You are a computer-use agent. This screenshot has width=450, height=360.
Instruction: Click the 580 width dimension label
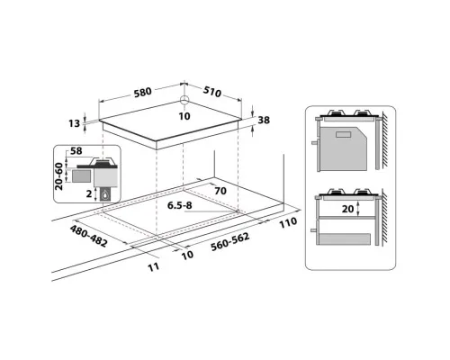[142, 92]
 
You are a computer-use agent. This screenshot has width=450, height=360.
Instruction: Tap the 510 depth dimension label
[212, 92]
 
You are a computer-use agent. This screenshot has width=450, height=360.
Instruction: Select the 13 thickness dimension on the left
[74, 123]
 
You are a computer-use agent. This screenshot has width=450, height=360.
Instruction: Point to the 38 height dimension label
[264, 120]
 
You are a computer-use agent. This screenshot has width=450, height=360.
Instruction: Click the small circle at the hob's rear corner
[184, 100]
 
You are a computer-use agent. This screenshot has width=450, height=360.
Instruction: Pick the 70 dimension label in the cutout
[220, 191]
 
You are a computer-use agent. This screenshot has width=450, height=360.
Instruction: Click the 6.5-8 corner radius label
[179, 205]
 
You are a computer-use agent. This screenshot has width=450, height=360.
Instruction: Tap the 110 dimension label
[288, 222]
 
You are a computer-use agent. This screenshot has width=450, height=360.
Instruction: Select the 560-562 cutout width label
[230, 242]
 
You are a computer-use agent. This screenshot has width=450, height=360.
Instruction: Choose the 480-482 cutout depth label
[88, 237]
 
